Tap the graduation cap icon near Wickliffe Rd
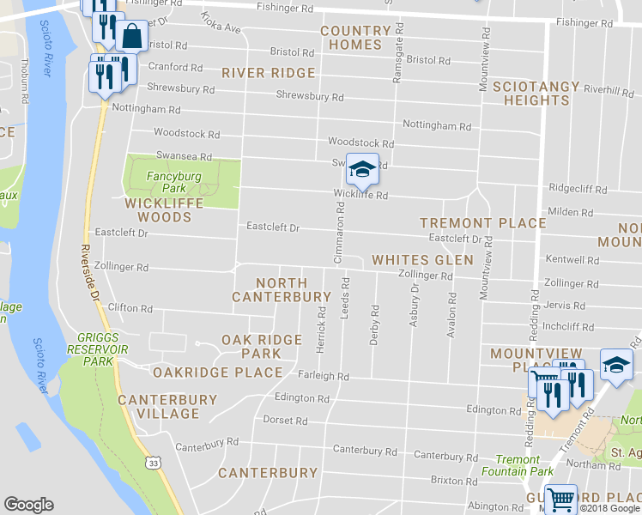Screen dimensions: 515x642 (362, 168)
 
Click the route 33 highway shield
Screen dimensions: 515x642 (153, 463)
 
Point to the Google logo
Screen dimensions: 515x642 (28, 504)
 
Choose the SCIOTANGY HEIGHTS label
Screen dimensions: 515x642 (524, 94)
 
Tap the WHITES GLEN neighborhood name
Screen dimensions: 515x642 (422, 259)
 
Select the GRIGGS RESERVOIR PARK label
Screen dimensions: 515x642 (100, 349)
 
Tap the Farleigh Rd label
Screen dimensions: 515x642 (324, 377)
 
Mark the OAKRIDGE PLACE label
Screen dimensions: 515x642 (217, 373)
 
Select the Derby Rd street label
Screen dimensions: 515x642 (374, 324)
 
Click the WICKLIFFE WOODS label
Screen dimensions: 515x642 (158, 210)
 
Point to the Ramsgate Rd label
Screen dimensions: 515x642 (397, 59)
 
